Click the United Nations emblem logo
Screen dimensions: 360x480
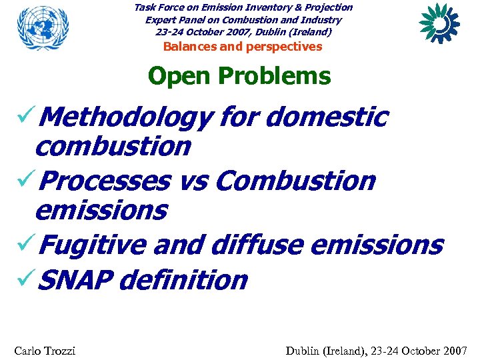(x=43, y=29)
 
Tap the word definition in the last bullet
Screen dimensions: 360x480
(x=187, y=280)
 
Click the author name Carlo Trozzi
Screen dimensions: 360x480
(x=44, y=351)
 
